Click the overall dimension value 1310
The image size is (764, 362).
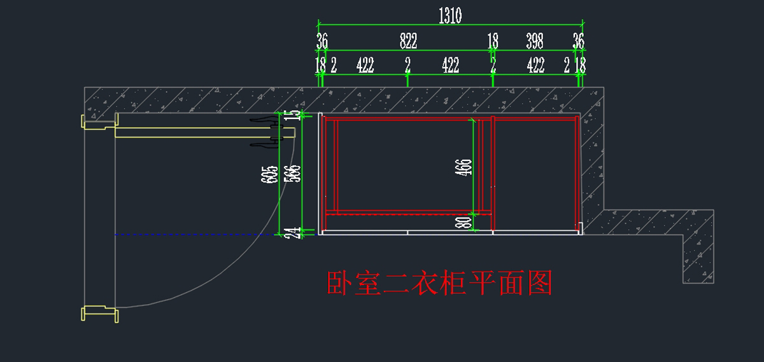[x=450, y=17]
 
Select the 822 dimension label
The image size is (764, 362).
[x=408, y=42]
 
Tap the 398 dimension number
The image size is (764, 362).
[x=535, y=42]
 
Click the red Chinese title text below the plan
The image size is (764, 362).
[x=439, y=283]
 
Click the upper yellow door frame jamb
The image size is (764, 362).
[x=94, y=122]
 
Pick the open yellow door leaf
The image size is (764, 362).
[x=204, y=132]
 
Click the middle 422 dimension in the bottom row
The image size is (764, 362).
[x=450, y=65]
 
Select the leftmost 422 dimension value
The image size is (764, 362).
[x=365, y=65]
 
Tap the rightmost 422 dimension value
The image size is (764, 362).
[x=535, y=65]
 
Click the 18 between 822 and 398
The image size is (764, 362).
[x=493, y=42]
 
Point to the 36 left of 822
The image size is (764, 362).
[x=322, y=42]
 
